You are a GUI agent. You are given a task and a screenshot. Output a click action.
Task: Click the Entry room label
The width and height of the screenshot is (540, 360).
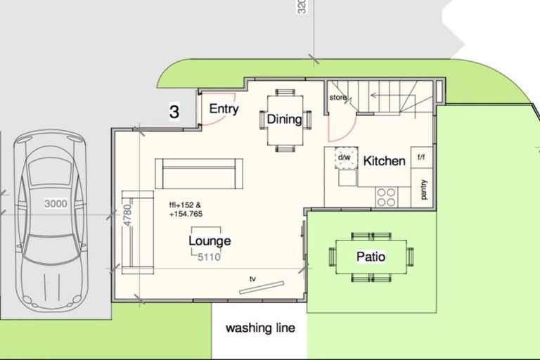[224, 109]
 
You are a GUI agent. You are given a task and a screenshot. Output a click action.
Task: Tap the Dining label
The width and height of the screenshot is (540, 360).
[284, 119]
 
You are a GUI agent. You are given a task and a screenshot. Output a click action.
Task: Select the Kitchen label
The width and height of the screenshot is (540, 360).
[384, 161]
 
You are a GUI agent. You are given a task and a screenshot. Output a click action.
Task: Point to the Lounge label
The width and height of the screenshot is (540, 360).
[210, 241]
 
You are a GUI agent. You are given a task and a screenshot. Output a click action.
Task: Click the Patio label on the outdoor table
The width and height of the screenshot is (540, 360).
[371, 257]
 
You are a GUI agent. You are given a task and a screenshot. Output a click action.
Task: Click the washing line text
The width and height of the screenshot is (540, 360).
[260, 328]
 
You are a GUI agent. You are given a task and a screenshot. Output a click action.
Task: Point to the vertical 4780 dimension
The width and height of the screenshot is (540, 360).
[127, 214]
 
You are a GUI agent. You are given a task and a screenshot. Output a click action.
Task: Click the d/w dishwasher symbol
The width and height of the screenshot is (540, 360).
[345, 157]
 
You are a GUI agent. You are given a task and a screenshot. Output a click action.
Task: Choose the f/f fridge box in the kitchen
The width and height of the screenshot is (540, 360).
[421, 157]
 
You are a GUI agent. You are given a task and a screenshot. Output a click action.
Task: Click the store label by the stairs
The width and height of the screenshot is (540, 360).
[338, 98]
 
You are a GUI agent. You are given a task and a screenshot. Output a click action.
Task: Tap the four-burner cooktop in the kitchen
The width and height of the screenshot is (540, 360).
[386, 197]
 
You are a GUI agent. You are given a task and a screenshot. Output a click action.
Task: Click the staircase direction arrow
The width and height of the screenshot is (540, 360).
[387, 94]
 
